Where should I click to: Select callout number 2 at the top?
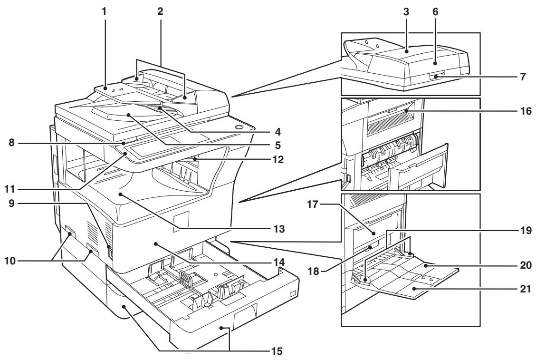tap(160, 10)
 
